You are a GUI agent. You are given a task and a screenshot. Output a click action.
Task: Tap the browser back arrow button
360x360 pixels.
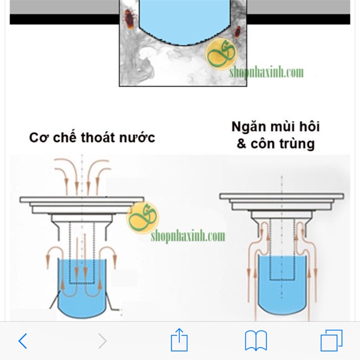pyautogui.click(x=22, y=340)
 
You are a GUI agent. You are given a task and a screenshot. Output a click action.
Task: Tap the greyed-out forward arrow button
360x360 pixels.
pyautogui.click(x=102, y=340)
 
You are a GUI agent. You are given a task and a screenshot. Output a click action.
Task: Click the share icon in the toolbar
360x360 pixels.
pyautogui.click(x=179, y=340)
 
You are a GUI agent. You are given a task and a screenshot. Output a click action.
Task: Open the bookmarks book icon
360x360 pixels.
pyautogui.click(x=256, y=341)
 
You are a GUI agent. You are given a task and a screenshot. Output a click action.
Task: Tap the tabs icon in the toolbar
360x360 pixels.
pyautogui.click(x=331, y=340)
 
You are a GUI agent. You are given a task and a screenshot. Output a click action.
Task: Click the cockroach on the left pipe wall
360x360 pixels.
pyautogui.click(x=129, y=19)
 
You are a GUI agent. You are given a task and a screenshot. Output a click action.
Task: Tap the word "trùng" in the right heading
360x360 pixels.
pyautogui.click(x=298, y=143)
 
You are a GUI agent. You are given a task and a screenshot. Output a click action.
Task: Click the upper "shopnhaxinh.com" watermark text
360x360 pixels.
pyautogui.click(x=266, y=73)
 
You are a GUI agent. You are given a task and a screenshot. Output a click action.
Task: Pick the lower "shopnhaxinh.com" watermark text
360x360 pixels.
pyautogui.click(x=187, y=236)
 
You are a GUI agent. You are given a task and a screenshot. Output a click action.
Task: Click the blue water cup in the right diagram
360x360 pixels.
pyautogui.click(x=281, y=281)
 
